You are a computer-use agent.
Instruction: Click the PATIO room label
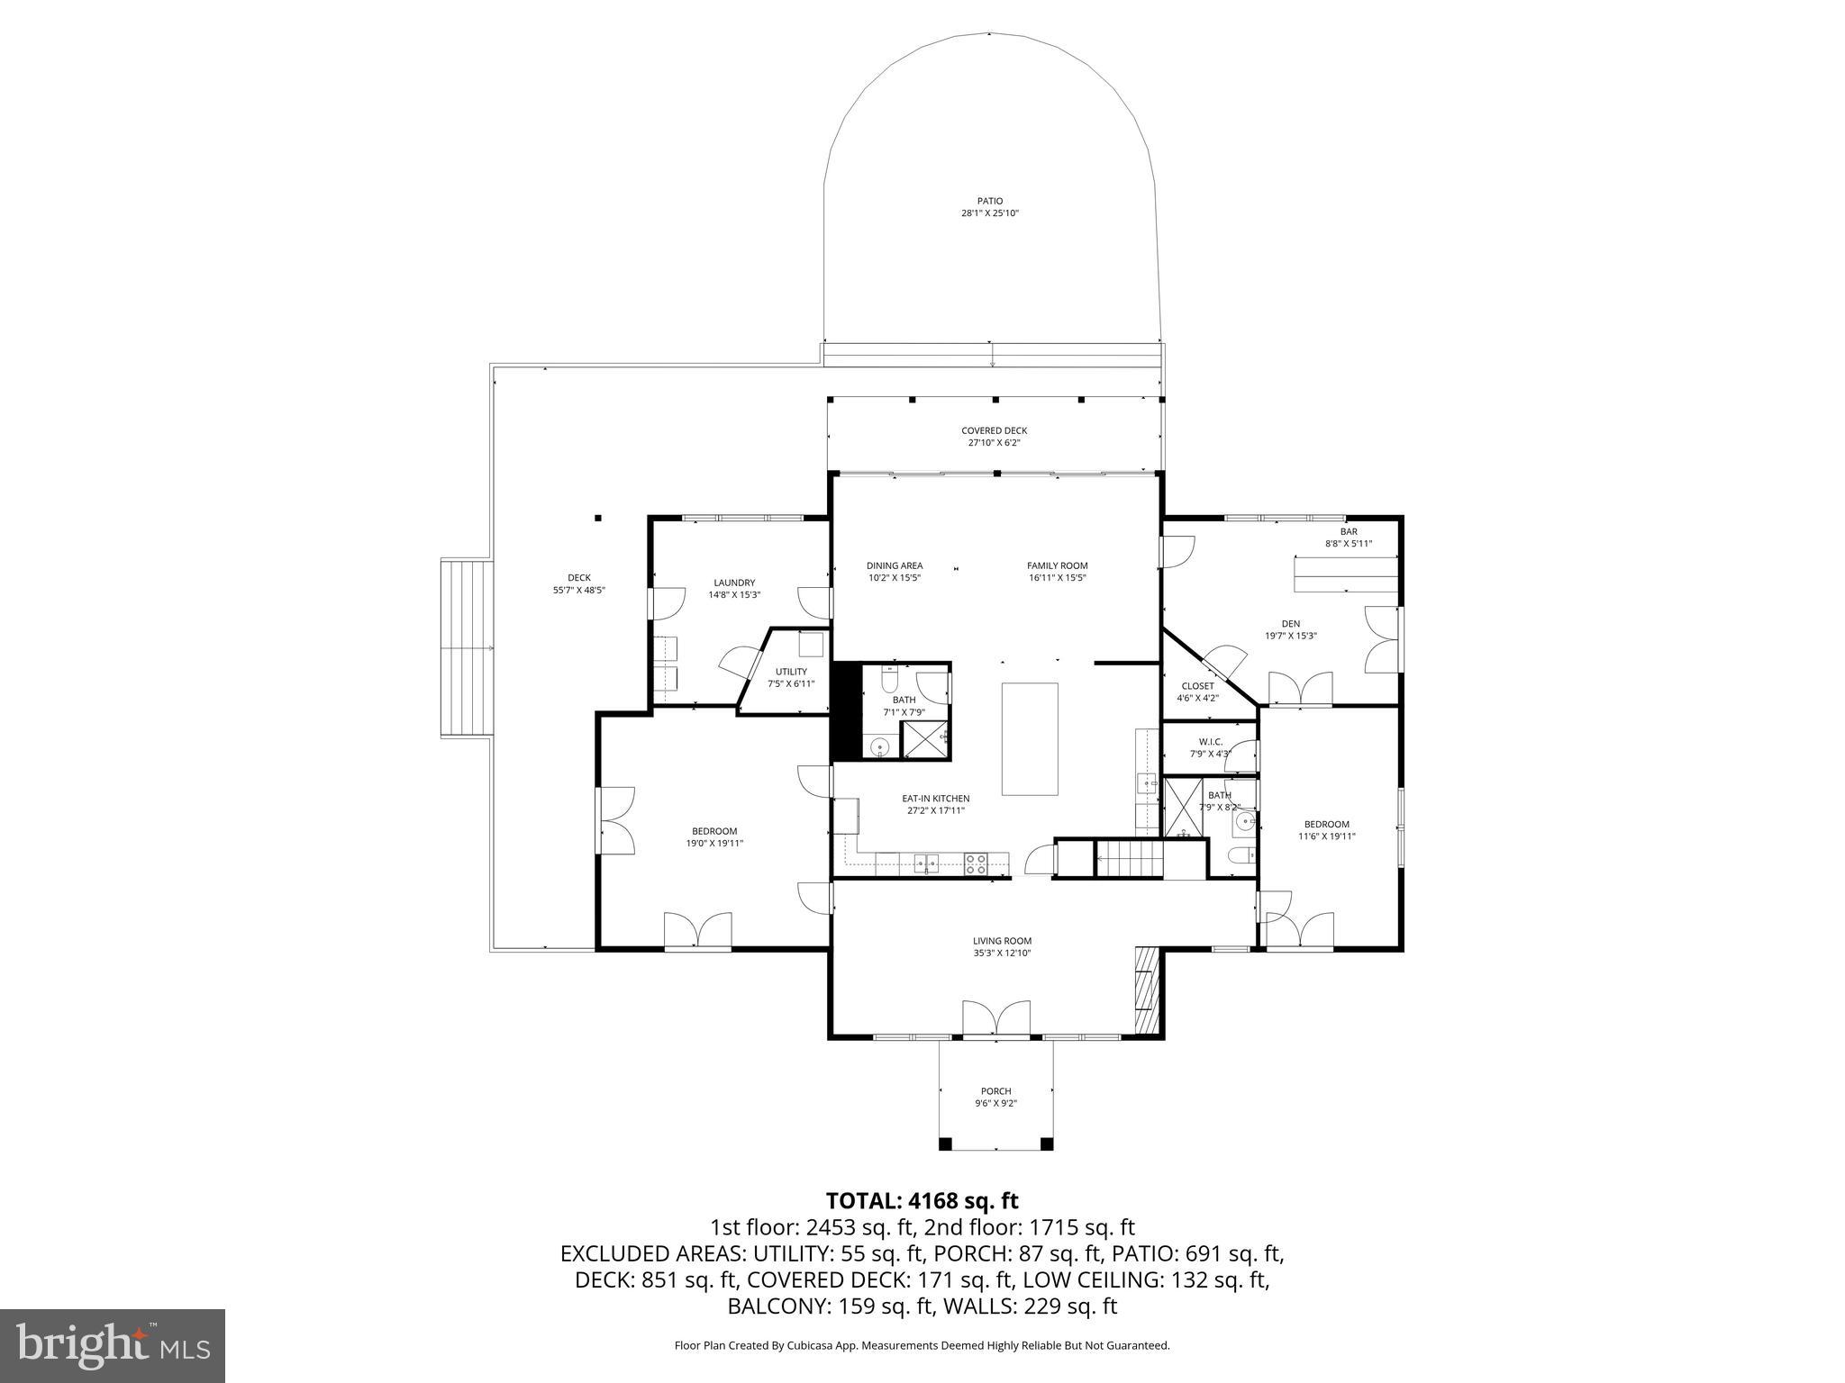[989, 201]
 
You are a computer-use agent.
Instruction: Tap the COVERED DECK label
[994, 430]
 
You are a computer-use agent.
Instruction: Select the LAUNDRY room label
[734, 583]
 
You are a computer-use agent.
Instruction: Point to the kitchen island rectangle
[1030, 739]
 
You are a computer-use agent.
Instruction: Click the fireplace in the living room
[1146, 990]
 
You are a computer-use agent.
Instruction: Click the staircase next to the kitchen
[1130, 859]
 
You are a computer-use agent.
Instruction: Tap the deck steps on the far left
[468, 648]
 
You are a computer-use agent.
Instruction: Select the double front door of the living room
[996, 1017]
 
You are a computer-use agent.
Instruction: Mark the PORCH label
[995, 1091]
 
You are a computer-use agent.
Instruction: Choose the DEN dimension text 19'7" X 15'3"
[1291, 636]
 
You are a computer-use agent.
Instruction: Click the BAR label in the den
[1348, 531]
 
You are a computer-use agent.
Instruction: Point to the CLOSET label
[1197, 686]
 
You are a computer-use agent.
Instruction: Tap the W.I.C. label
[1210, 742]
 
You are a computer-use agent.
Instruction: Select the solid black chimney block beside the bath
[845, 712]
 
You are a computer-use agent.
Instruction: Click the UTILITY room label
[791, 672]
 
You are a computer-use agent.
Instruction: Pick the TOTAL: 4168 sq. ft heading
[922, 1200]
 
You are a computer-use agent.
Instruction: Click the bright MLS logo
[113, 1345]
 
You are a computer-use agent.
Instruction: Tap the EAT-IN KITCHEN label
[936, 799]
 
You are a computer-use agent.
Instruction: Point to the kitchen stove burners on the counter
[976, 864]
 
